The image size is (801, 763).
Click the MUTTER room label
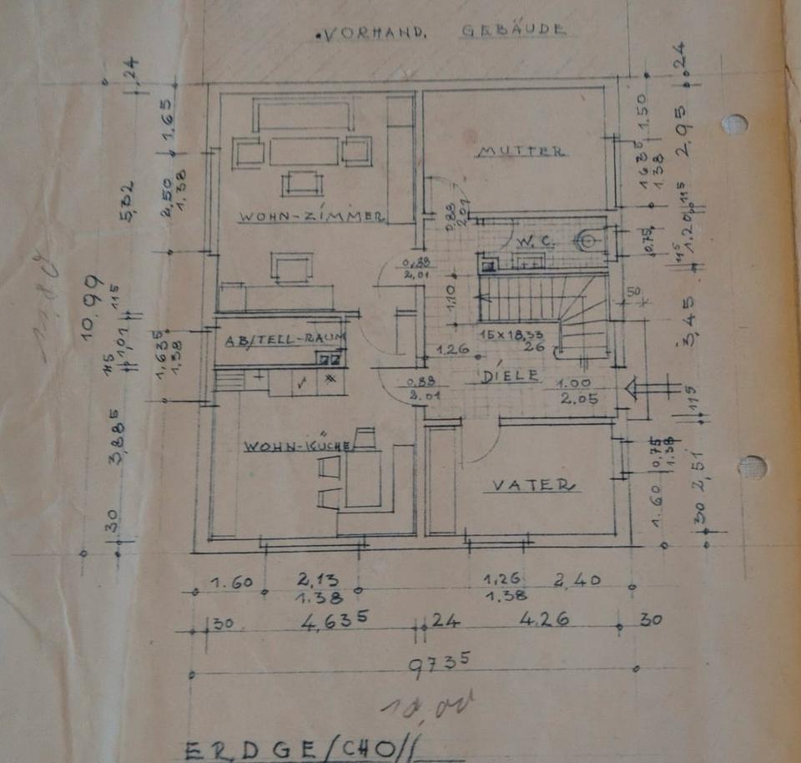pos(522,152)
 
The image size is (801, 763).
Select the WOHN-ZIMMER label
pos(310,217)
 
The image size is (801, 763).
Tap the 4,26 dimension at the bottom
pos(545,620)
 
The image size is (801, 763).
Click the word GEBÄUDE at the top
pos(513,31)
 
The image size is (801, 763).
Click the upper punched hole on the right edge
pos(734,124)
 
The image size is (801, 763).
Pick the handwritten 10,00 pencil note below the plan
pos(427,706)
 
